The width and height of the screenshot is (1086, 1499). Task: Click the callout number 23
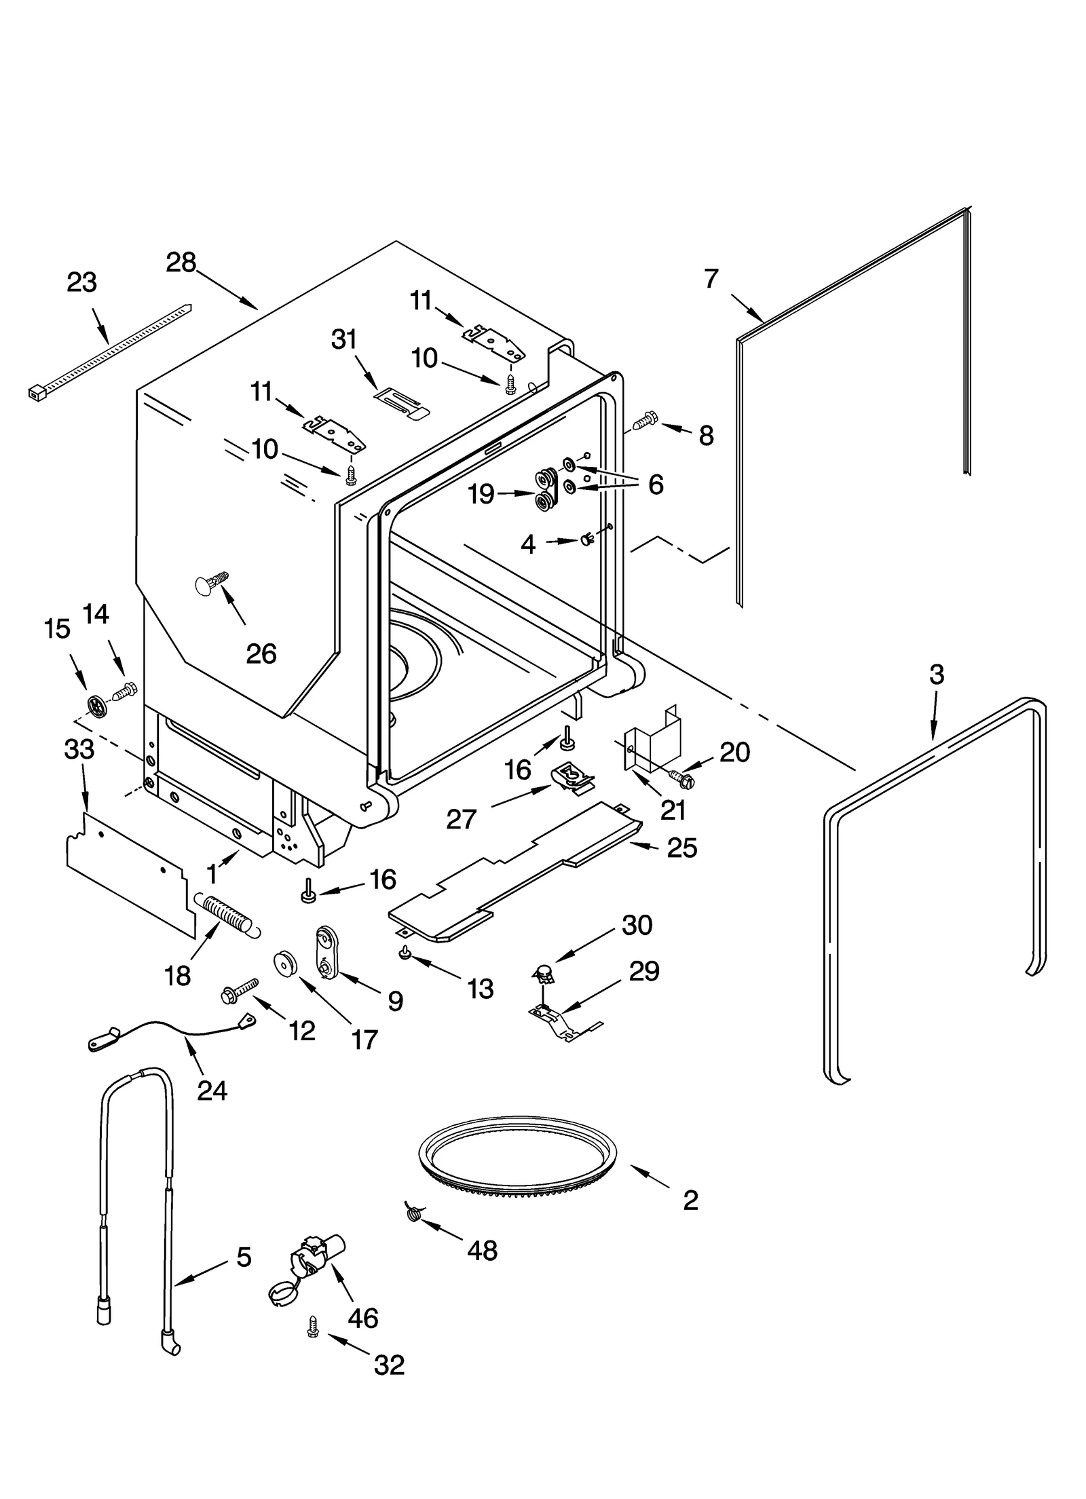tap(81, 282)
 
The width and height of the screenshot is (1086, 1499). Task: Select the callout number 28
tap(181, 263)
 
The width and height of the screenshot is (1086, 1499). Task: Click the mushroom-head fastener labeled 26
tap(208, 584)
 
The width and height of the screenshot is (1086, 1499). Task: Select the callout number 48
tap(482, 1250)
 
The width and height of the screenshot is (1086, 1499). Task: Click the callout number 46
tap(362, 1318)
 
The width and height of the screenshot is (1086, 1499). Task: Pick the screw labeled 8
tap(643, 420)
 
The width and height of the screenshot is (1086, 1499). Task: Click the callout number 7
tap(711, 279)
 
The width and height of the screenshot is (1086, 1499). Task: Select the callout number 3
tap(936, 675)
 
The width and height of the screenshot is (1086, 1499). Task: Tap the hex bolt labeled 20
tap(682, 778)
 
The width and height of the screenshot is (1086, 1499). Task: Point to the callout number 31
tap(343, 339)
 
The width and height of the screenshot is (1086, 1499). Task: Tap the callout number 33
tap(79, 749)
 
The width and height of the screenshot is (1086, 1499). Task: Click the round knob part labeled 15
tap(96, 706)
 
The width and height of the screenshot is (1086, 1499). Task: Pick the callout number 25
tap(682, 848)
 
